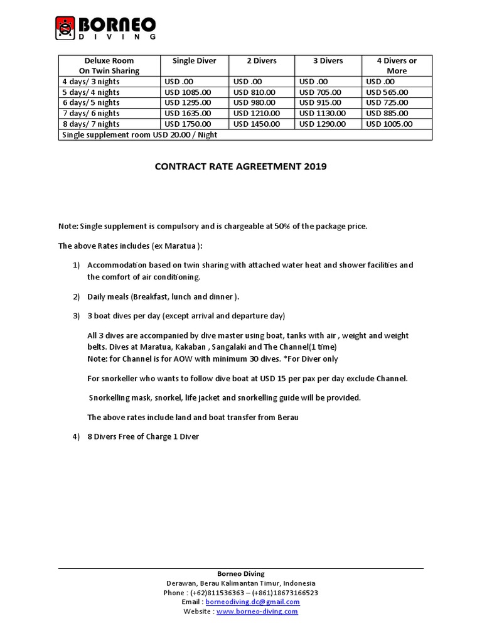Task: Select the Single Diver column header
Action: (194, 61)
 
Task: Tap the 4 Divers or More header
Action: (396, 65)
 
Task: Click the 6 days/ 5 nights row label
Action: (90, 102)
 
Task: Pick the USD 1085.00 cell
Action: (188, 92)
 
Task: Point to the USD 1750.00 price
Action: (188, 124)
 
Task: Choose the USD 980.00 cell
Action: (254, 102)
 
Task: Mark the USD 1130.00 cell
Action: (323, 113)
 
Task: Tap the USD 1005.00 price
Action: (389, 124)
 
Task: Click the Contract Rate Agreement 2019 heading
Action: (241, 167)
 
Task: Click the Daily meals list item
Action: (163, 296)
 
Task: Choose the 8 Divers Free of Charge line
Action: (143, 436)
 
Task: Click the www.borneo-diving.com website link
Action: (257, 611)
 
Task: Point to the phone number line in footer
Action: (241, 592)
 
